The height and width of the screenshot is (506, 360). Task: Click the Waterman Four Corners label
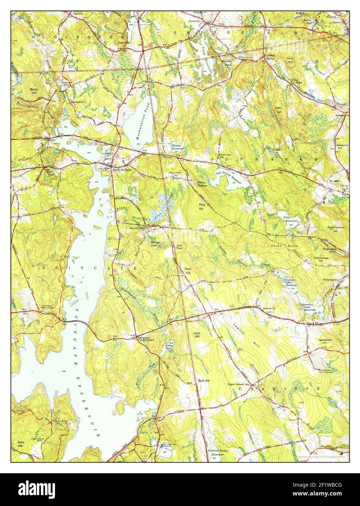(145, 339)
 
